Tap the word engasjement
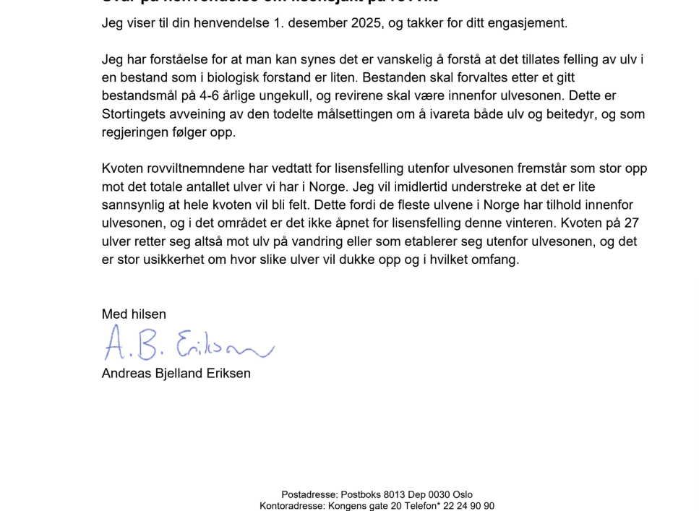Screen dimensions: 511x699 click(x=531, y=23)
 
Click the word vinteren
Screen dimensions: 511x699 click(x=478, y=223)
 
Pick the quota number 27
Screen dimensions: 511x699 click(x=632, y=223)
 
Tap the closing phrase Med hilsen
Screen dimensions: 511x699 click(x=134, y=314)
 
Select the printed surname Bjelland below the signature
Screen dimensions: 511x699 click(x=180, y=374)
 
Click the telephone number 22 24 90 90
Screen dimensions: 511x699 click(x=468, y=506)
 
